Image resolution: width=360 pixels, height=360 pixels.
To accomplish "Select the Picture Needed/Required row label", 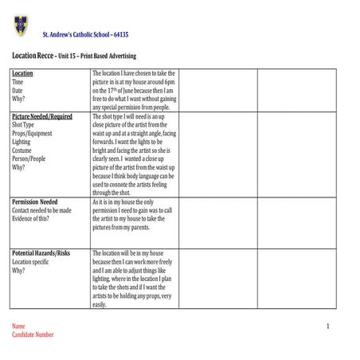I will tap(42, 116).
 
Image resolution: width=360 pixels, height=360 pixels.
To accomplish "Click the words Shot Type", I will tap(23, 125).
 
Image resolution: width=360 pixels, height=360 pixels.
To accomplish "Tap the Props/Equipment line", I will tap(31, 134).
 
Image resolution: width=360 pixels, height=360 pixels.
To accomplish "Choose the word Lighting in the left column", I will tap(22, 143).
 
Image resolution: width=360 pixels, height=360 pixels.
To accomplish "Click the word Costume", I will tap(22, 151).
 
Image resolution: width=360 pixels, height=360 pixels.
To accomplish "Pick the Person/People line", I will tap(29, 159).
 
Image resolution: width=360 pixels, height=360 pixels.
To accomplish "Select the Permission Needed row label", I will tap(34, 202).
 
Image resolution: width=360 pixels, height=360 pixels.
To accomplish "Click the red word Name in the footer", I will tap(18, 327).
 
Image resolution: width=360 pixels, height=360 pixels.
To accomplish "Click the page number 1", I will tap(327, 327).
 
